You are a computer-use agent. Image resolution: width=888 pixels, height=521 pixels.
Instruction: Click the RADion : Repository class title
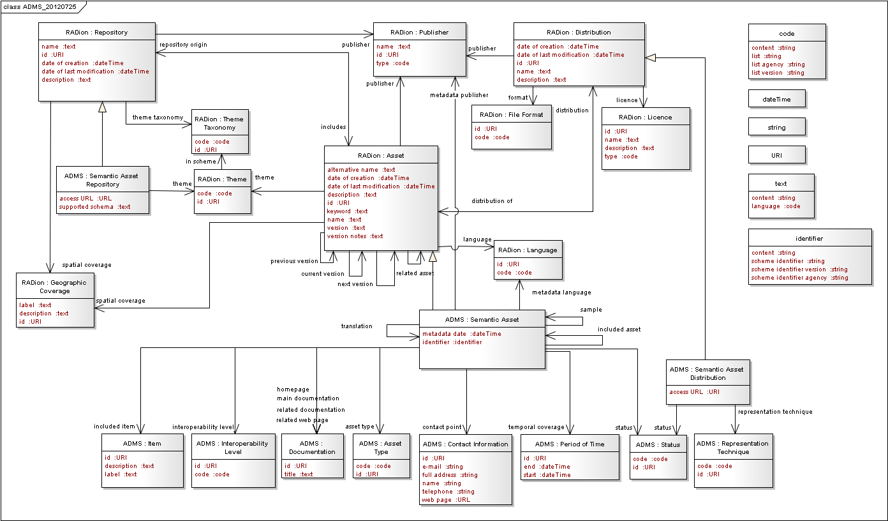(96, 32)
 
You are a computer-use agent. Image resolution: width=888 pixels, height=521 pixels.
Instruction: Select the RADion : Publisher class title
(419, 32)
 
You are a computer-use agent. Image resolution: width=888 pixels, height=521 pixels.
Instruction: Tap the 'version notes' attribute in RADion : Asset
(355, 236)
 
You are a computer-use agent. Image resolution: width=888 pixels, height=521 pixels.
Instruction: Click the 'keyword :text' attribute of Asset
(347, 211)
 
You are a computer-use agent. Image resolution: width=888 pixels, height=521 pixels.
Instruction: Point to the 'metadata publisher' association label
(459, 95)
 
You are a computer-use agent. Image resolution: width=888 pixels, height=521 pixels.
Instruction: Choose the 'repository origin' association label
(183, 45)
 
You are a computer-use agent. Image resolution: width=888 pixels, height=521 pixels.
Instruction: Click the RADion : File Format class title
(512, 115)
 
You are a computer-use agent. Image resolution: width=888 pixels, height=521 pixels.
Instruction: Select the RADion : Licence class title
(645, 117)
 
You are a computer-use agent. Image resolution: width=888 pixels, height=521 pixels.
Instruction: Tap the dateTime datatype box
(776, 99)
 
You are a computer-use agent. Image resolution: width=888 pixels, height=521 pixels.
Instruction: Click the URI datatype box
(776, 155)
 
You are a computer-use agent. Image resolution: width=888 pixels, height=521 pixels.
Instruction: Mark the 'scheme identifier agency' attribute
(799, 278)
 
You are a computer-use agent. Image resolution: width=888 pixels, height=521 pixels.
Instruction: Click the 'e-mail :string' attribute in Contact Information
(442, 467)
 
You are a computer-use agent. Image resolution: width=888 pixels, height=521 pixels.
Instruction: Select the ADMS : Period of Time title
(569, 444)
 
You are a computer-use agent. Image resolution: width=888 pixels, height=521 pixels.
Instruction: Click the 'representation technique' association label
(774, 412)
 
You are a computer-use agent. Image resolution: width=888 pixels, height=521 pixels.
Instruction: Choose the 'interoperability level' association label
(203, 427)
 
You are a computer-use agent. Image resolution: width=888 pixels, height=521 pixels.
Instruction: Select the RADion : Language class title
(528, 250)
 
